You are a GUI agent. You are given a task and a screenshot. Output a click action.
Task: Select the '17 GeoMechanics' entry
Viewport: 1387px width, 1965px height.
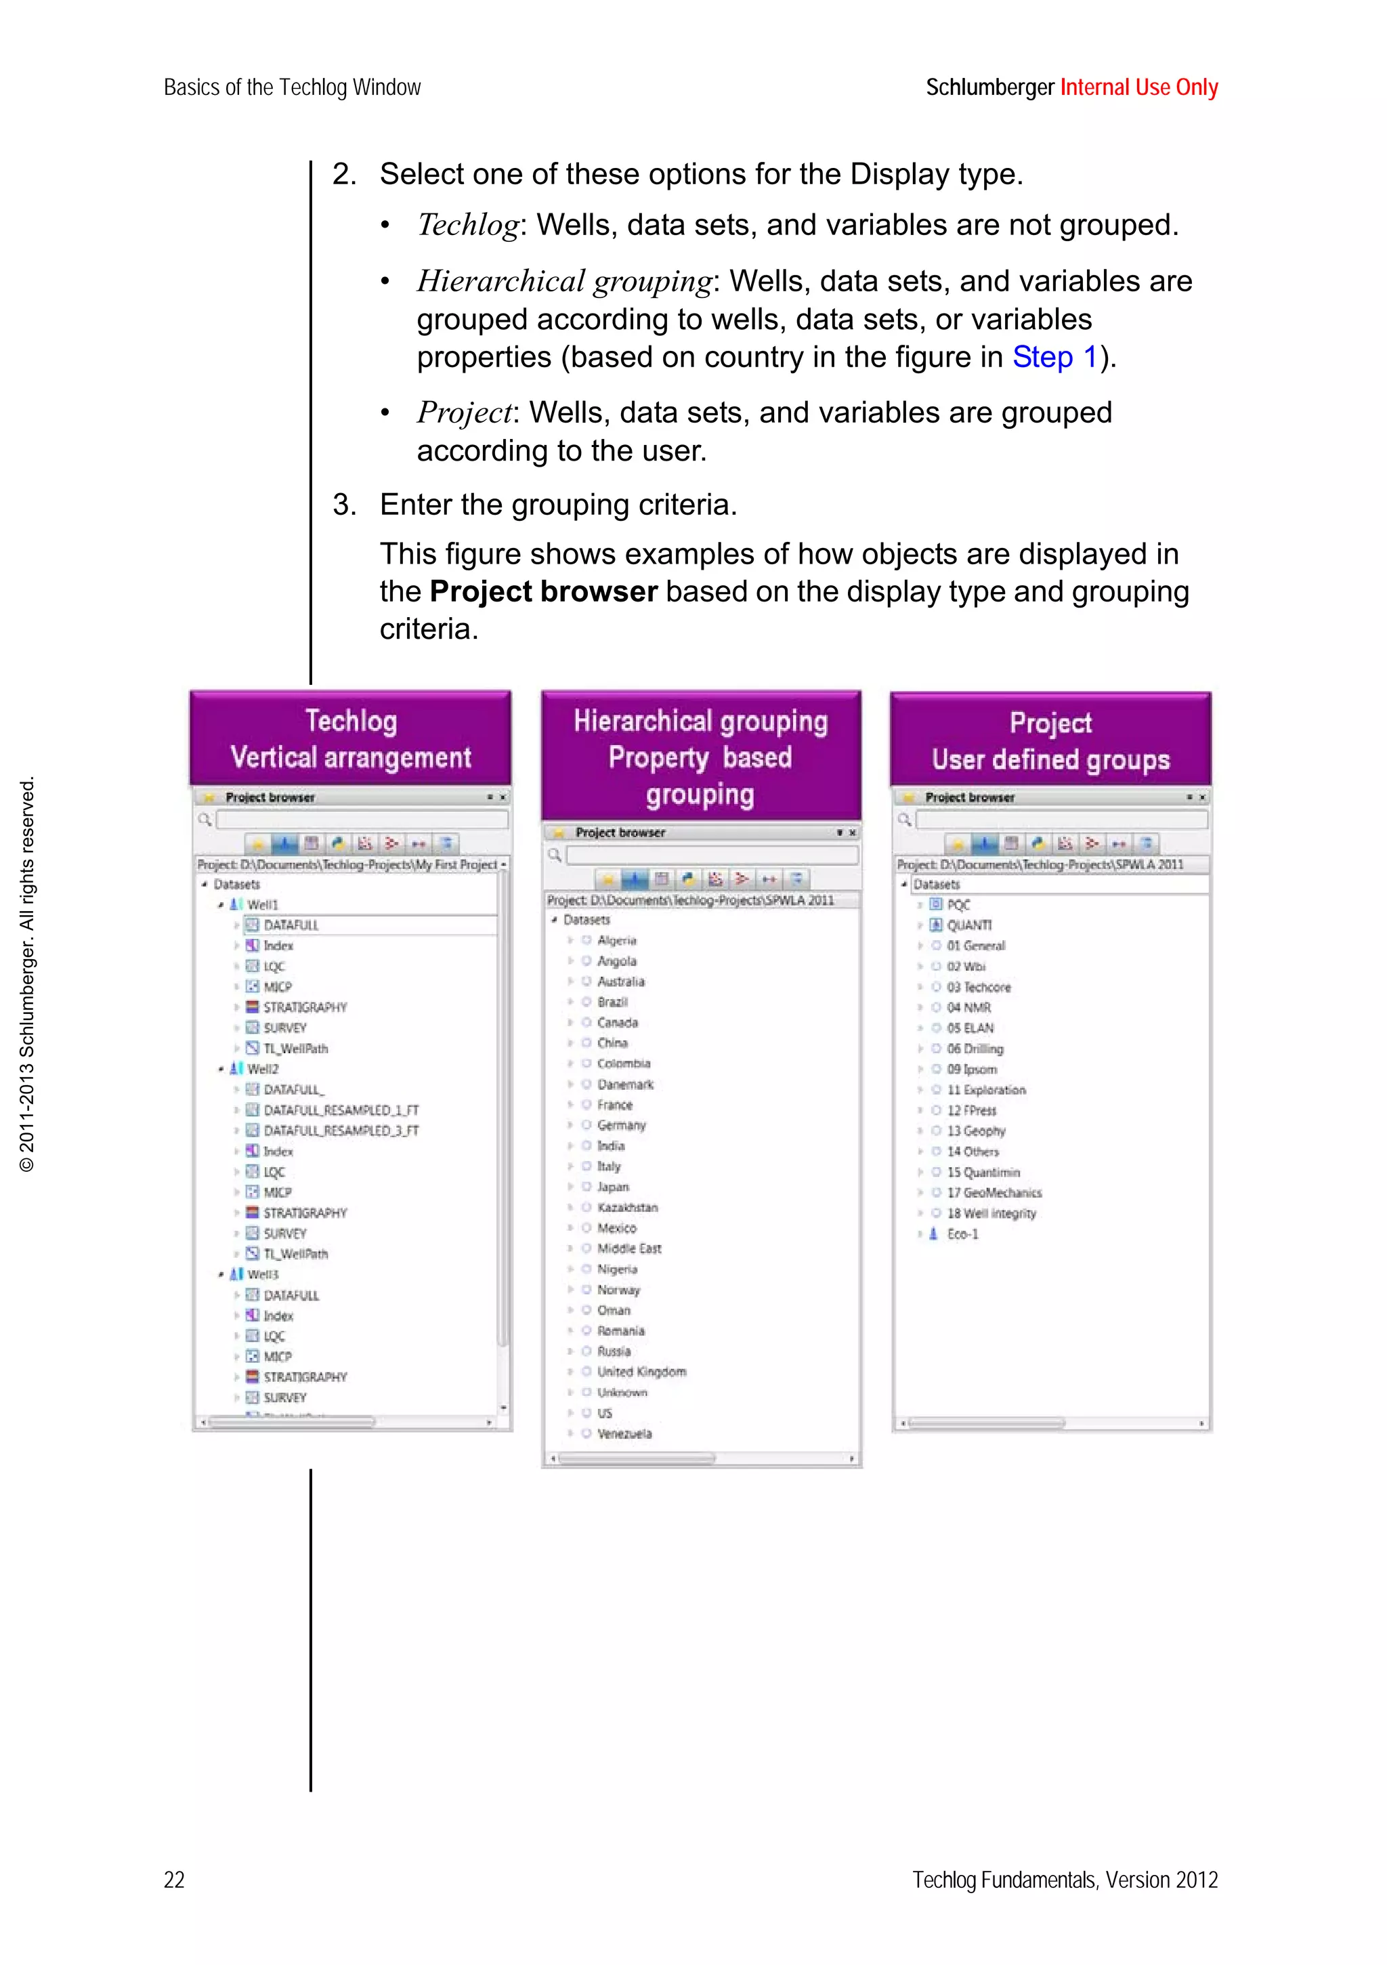click(994, 1192)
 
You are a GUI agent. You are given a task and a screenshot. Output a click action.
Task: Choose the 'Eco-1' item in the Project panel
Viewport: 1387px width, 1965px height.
click(962, 1233)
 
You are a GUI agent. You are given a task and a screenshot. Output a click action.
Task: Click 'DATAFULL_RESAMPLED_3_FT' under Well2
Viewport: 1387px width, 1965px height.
click(341, 1131)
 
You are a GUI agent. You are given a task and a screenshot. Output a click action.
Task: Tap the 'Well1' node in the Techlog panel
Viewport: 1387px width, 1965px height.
click(262, 905)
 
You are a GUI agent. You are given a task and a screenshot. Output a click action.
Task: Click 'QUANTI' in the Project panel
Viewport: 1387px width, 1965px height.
click(968, 925)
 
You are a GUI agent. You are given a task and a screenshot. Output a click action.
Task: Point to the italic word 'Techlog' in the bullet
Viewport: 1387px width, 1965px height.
click(467, 225)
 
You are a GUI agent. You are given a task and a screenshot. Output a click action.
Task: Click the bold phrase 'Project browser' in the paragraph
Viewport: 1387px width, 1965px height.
click(542, 591)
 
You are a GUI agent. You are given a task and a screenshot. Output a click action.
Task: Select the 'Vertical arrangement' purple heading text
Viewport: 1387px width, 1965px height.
click(351, 757)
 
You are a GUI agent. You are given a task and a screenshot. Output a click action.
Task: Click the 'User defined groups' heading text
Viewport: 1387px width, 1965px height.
click(1050, 760)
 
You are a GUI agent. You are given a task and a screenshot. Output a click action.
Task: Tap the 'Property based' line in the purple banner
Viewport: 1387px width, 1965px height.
click(700, 757)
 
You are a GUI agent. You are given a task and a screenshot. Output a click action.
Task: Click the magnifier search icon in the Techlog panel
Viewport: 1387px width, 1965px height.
click(205, 820)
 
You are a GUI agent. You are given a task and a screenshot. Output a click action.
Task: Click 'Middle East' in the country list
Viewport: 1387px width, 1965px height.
click(629, 1248)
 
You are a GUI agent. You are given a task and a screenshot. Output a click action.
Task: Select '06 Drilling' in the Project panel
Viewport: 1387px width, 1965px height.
click(975, 1049)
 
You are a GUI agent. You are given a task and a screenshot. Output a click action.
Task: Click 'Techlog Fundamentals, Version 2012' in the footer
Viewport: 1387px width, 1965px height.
click(1065, 1880)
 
